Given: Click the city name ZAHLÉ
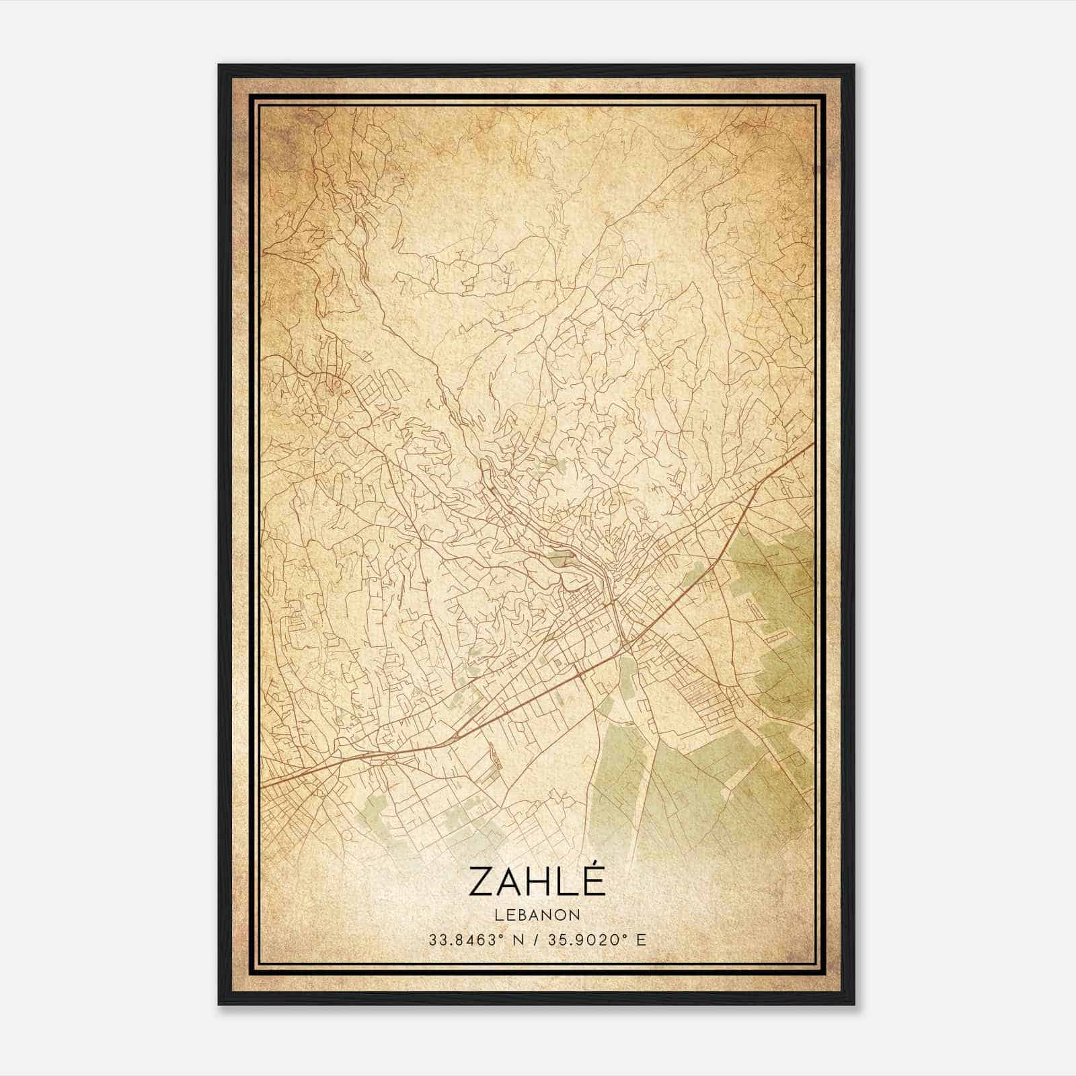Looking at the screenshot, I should tap(537, 881).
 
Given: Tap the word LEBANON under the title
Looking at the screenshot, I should tap(537, 915).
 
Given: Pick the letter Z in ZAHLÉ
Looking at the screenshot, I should tap(482, 882).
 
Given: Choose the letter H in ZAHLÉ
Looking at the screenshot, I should tap(537, 882).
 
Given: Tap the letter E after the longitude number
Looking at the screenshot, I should tap(642, 939).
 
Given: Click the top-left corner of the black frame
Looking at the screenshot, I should tap(219, 65).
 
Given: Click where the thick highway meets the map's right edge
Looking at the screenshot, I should tap(813, 444).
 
